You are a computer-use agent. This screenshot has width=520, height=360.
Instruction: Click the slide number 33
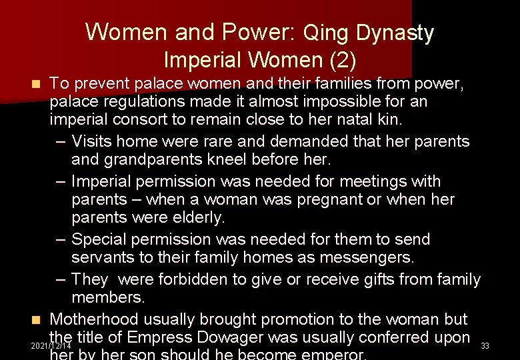point(485,346)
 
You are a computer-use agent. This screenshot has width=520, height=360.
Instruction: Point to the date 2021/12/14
point(51,347)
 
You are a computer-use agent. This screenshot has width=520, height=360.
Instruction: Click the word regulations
point(145,102)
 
